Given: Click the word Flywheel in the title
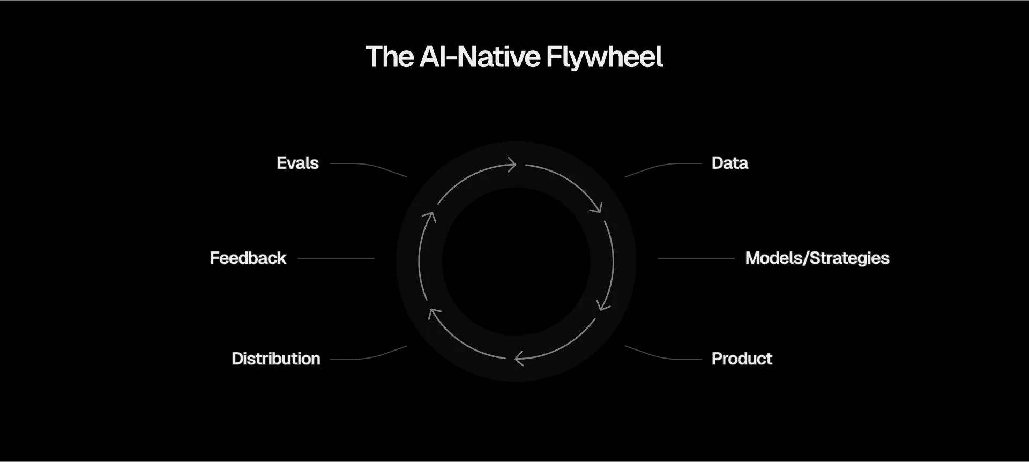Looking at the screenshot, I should (x=605, y=57).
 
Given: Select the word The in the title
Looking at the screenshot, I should (x=390, y=57).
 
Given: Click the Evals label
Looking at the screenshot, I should (x=297, y=163).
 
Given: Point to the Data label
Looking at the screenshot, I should (x=729, y=163).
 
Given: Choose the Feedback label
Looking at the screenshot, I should (x=248, y=258).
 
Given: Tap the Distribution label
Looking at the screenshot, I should (x=276, y=359).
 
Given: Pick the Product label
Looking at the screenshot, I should (x=742, y=359).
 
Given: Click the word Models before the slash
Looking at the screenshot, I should (x=774, y=258).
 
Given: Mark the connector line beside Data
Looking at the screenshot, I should (x=663, y=167).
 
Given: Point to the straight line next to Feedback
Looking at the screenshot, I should (x=336, y=258).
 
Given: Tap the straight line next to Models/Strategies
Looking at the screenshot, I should (x=696, y=258).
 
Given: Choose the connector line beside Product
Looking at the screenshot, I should (x=663, y=355).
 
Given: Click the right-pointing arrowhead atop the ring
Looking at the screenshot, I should (x=511, y=164).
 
